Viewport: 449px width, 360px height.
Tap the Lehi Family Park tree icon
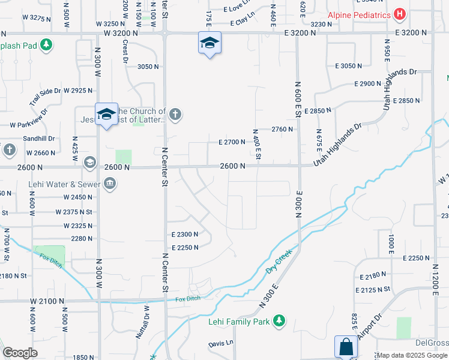(x=279, y=322)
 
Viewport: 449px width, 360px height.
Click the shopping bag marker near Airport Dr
(x=345, y=347)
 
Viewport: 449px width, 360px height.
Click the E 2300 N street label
(x=184, y=235)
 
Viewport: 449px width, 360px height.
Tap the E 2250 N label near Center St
(x=184, y=248)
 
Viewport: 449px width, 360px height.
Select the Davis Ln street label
(x=220, y=344)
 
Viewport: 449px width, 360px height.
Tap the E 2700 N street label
(x=232, y=142)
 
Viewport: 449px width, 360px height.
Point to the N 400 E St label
(x=256, y=144)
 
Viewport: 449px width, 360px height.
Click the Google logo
(x=20, y=353)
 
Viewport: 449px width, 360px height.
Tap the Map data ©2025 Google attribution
(x=412, y=355)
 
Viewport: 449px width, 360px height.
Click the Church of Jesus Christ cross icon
(x=175, y=115)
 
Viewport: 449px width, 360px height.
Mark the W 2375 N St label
(x=73, y=212)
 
